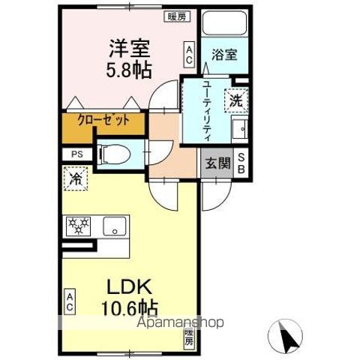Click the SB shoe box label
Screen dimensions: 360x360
pyautogui.click(x=241, y=163)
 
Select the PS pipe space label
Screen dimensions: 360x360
pyautogui.click(x=76, y=155)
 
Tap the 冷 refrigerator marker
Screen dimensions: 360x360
pyautogui.click(x=76, y=178)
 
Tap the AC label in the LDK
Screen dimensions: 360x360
pyautogui.click(x=68, y=301)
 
